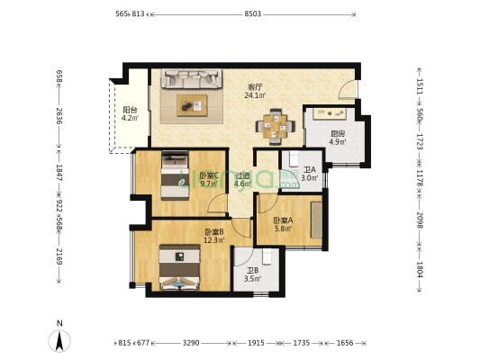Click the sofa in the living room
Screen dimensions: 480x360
pos(192,78)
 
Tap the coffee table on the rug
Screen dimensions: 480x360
pos(192,105)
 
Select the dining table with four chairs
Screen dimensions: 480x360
pos(276,127)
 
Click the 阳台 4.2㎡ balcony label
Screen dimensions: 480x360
pos(130,113)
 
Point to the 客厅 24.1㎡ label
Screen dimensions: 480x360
pos(255,91)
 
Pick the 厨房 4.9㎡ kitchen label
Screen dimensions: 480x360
pos(338,138)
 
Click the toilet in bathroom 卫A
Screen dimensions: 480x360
pos(294,157)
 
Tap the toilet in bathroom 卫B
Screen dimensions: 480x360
pos(267,256)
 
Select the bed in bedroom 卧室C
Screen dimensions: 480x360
pos(175,175)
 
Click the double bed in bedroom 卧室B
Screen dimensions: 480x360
pos(180,267)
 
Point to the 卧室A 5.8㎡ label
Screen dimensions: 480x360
pos(283,224)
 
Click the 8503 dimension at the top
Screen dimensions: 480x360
pos(252,13)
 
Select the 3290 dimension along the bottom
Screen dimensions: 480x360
pos(191,343)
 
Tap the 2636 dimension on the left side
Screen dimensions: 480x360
pos(59,116)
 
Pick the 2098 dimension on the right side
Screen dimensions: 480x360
pos(420,220)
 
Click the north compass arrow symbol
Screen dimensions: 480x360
pos(59,341)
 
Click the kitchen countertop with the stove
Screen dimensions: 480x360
pos(330,112)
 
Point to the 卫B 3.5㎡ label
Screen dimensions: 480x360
pos(252,274)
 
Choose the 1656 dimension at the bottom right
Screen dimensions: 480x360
pos(345,343)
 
